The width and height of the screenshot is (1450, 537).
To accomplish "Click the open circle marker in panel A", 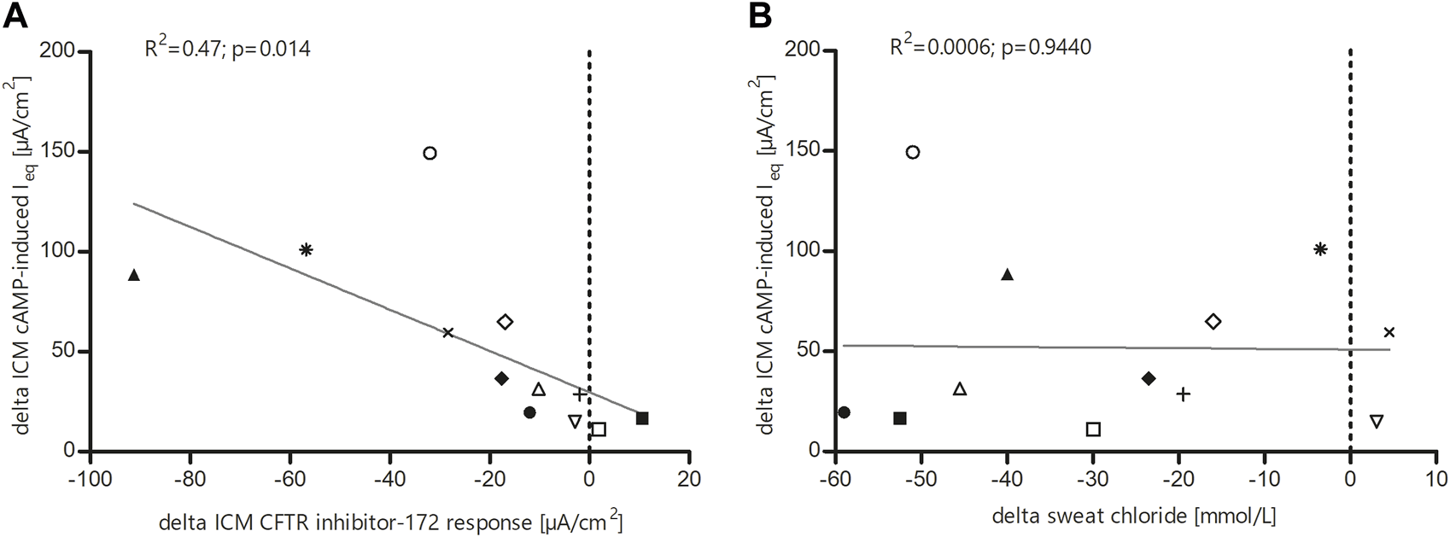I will pyautogui.click(x=430, y=153).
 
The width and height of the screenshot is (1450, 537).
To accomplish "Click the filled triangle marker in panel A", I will pyautogui.click(x=133, y=275).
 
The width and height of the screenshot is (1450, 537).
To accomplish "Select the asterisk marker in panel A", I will pyautogui.click(x=307, y=249).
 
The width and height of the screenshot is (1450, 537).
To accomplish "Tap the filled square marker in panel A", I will pyautogui.click(x=642, y=418).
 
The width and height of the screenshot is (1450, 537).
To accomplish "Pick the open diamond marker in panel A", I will pyautogui.click(x=505, y=322).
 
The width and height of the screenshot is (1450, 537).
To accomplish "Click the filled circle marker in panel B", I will pyautogui.click(x=844, y=412).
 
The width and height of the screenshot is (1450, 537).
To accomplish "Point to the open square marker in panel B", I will pyautogui.click(x=1093, y=429).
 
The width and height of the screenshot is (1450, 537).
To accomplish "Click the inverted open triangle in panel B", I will pyautogui.click(x=1376, y=421).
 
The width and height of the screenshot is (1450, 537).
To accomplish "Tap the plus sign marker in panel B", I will pyautogui.click(x=1183, y=394).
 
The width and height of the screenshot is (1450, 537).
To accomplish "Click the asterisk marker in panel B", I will pyautogui.click(x=1320, y=249).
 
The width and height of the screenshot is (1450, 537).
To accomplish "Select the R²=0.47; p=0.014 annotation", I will pyautogui.click(x=227, y=49).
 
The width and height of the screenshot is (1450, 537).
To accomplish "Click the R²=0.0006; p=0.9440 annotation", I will pyautogui.click(x=990, y=45).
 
